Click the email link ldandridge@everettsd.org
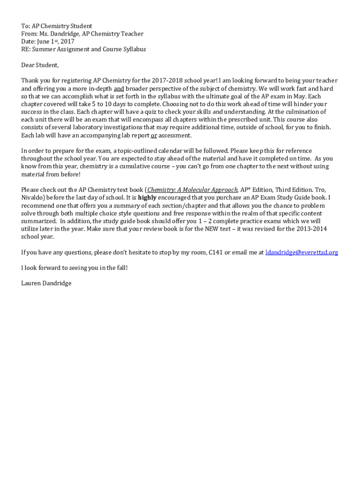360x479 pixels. [x=302, y=253]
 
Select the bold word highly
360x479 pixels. [x=147, y=198]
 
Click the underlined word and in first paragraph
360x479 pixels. [x=119, y=88]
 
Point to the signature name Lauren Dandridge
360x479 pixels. [x=46, y=283]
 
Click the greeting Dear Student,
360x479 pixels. [x=40, y=65]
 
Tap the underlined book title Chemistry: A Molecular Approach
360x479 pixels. [x=193, y=190]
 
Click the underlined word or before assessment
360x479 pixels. [x=154, y=136]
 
